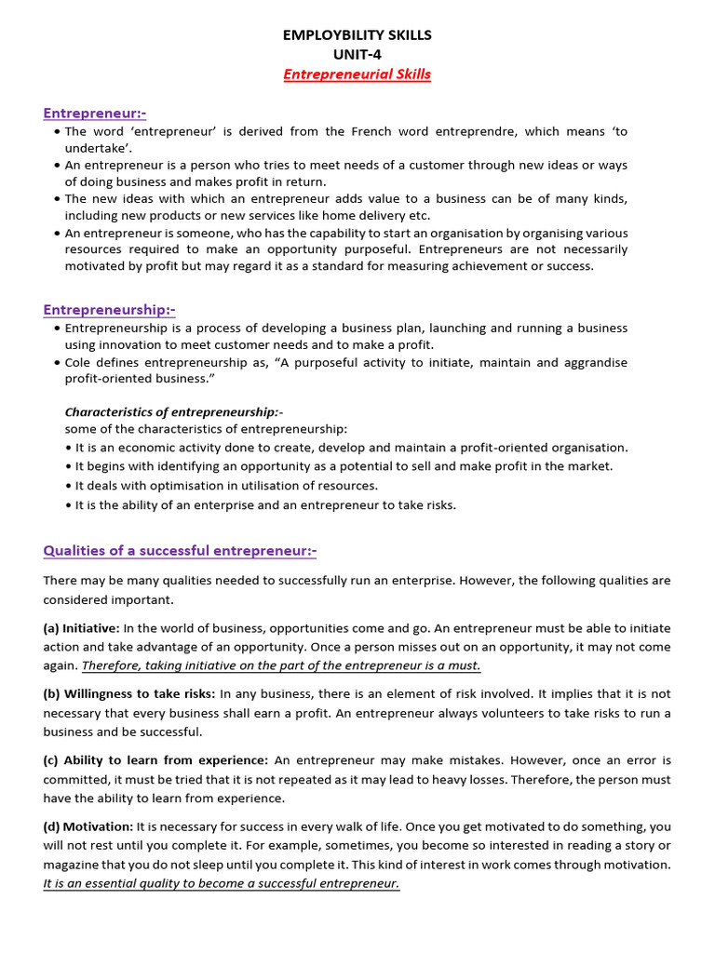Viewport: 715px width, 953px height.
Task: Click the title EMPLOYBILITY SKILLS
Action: coord(357,35)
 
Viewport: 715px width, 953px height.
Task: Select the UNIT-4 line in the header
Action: coord(357,55)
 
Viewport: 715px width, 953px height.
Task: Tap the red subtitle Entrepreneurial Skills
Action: coord(357,74)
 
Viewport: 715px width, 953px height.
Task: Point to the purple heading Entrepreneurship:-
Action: coord(109,310)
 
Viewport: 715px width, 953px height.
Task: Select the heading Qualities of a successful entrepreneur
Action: coord(180,551)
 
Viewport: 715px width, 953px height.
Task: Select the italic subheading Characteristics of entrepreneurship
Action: coord(173,411)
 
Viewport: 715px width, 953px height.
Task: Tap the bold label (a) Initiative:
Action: coord(81,628)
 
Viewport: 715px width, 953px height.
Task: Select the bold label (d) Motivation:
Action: coord(88,826)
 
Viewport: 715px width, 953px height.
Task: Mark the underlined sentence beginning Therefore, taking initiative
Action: coord(281,665)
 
